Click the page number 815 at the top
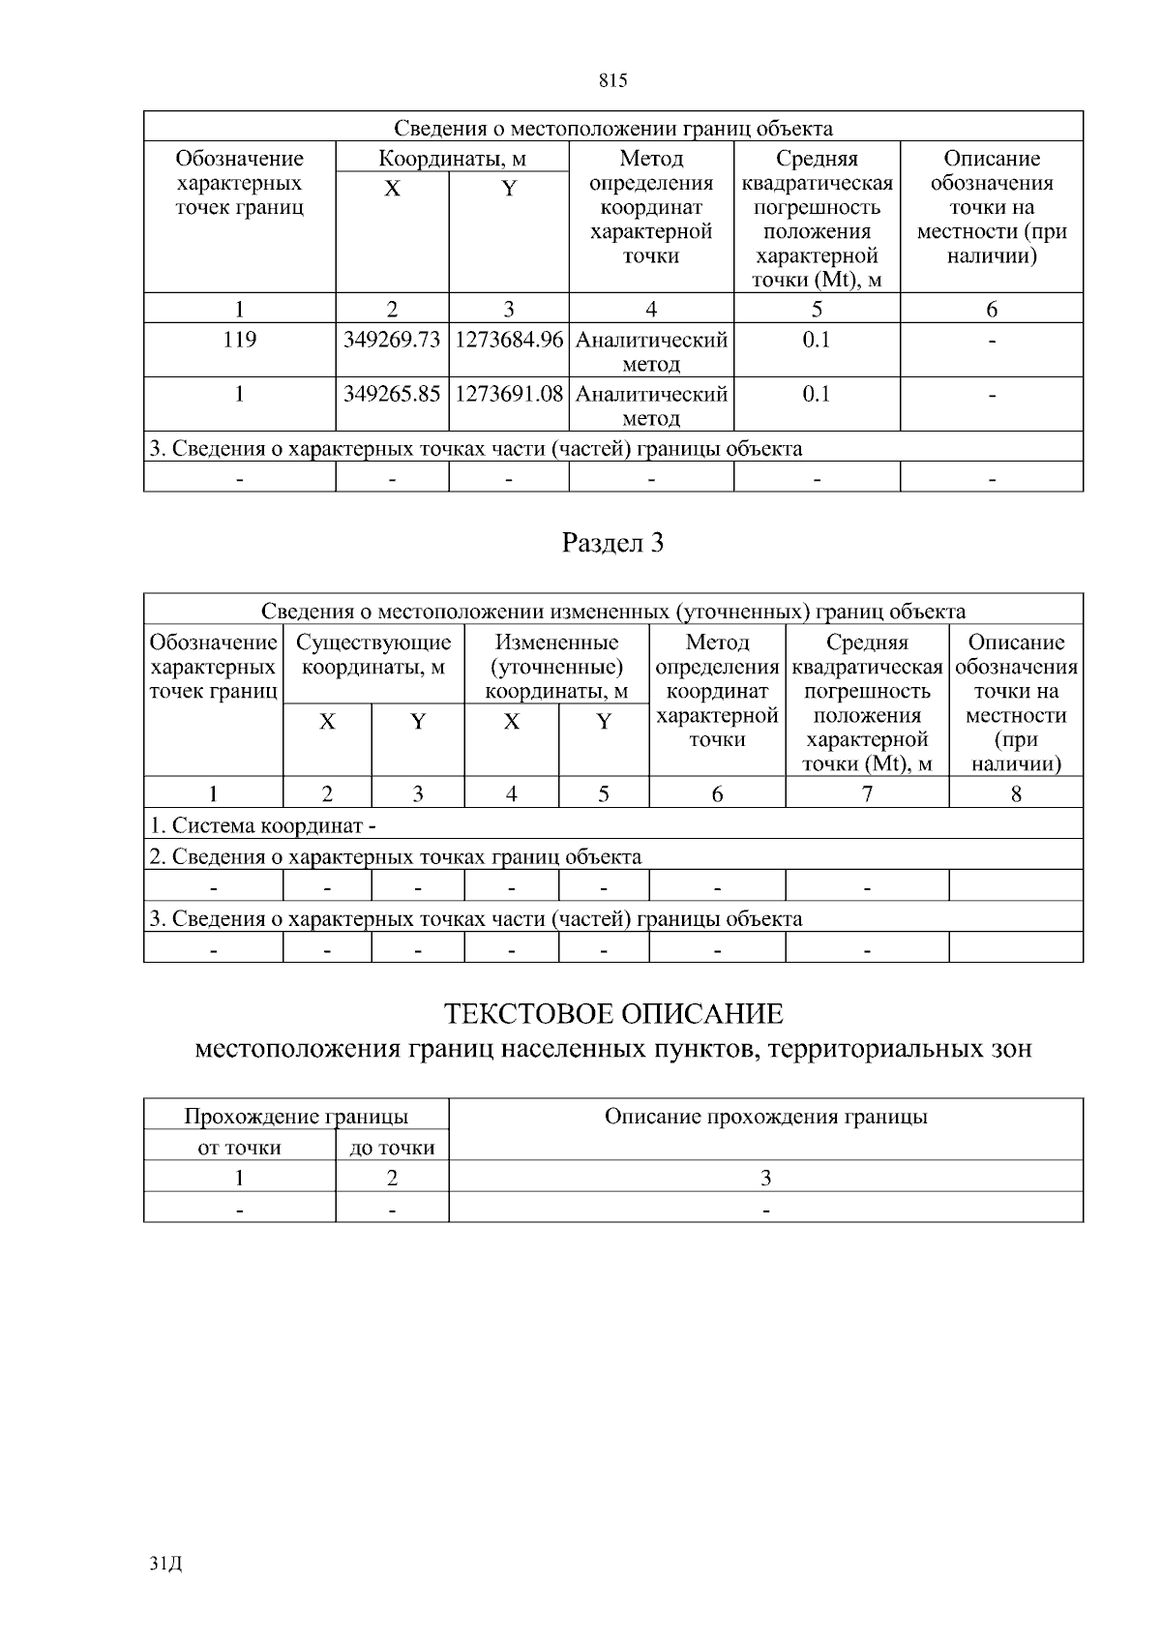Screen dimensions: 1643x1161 [x=613, y=81]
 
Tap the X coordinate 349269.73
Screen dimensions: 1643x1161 [x=392, y=341]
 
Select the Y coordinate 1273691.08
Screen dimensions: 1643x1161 [x=508, y=395]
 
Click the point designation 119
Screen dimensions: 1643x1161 [x=239, y=341]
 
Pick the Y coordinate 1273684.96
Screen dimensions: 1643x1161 [x=508, y=341]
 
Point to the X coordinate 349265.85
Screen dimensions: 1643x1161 [x=392, y=395]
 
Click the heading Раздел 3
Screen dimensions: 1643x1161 [x=613, y=544]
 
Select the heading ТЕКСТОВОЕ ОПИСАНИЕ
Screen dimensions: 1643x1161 [x=613, y=1014]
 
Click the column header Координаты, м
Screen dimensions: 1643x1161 [x=452, y=159]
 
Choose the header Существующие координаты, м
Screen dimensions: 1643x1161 [x=373, y=655]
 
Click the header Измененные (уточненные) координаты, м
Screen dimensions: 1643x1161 [x=556, y=667]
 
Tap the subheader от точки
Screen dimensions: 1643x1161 [x=239, y=1149]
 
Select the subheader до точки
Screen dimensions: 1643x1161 [x=392, y=1149]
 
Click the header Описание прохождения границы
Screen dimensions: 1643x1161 [x=765, y=1117]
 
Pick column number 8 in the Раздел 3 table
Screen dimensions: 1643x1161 [x=1016, y=794]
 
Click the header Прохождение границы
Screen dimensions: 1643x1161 [x=296, y=1117]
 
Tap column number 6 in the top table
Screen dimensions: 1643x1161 [x=991, y=310]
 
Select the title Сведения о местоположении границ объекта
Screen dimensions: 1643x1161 [x=613, y=129]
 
